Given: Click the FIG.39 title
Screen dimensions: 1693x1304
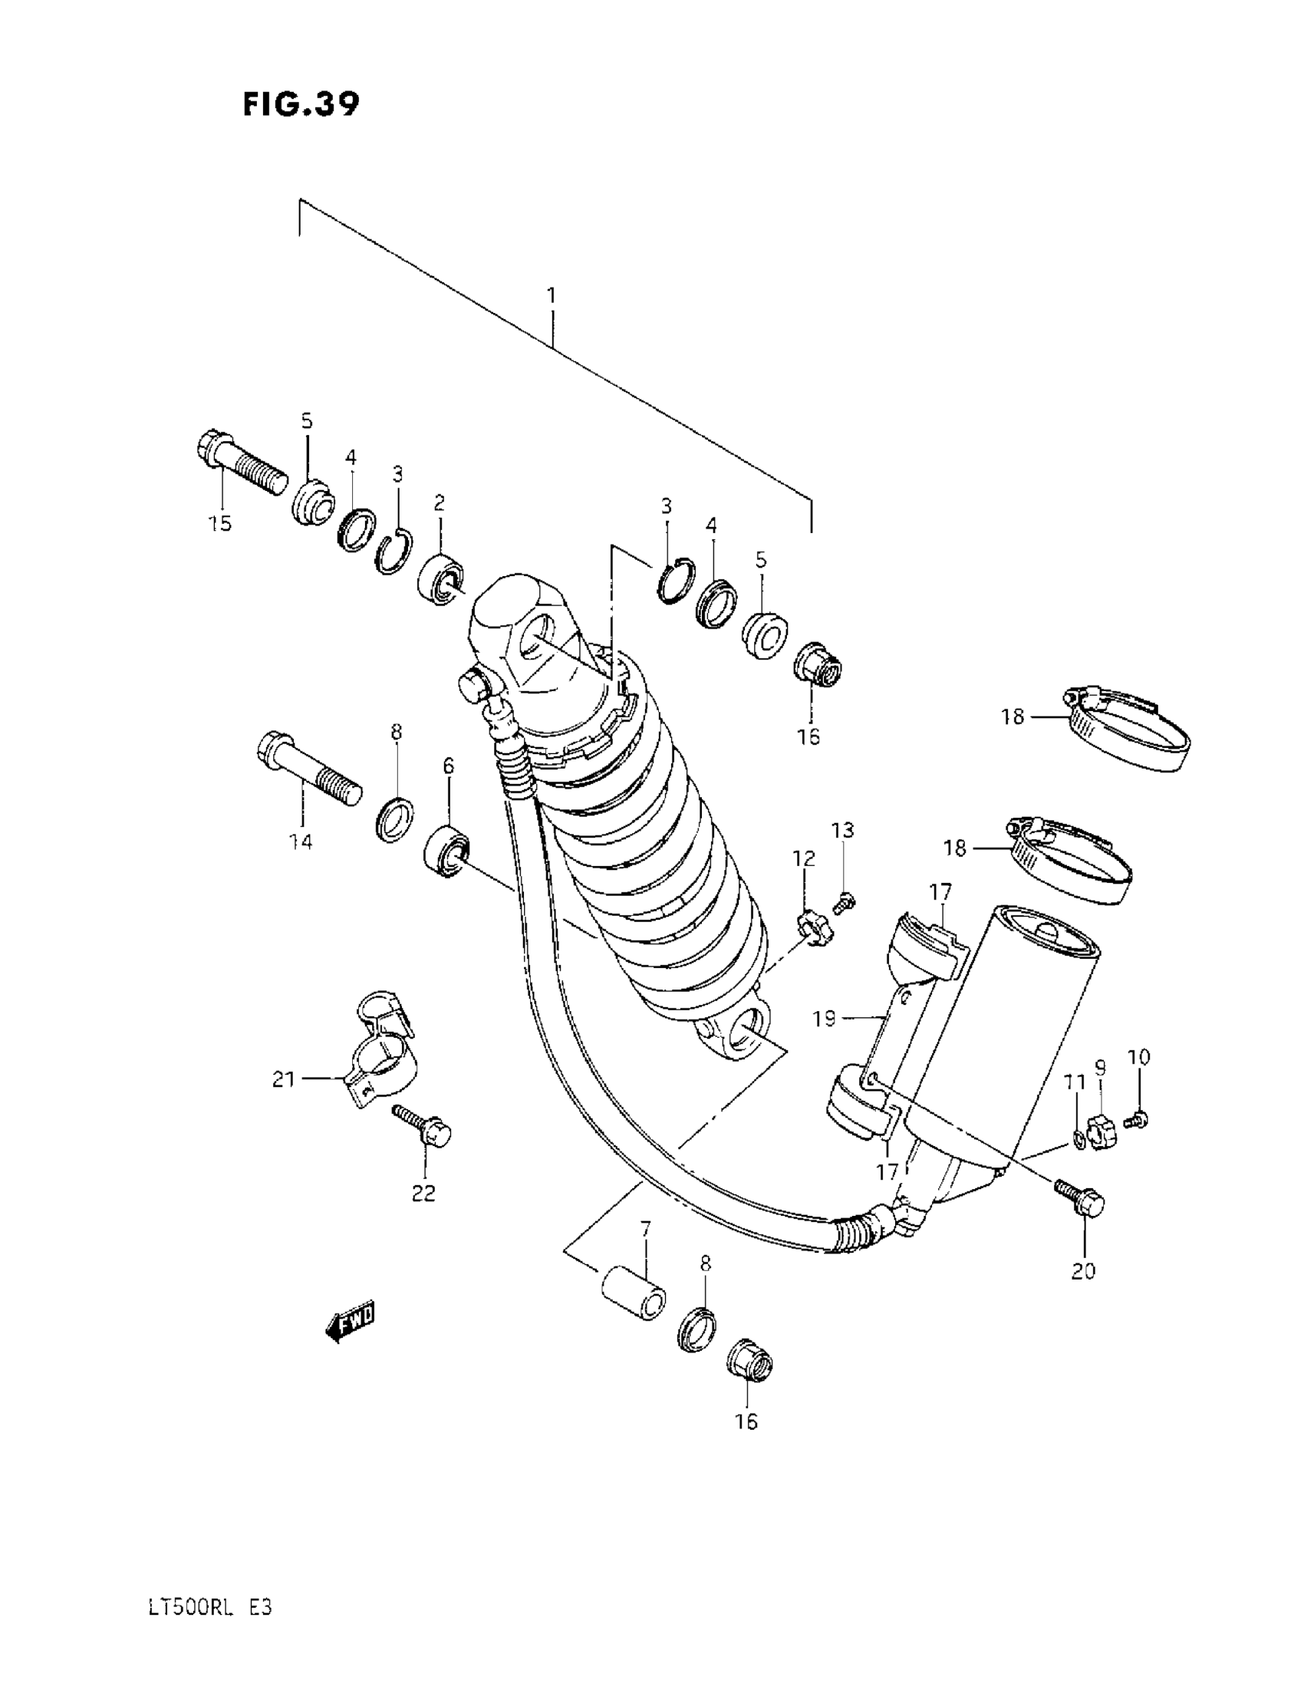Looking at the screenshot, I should [x=301, y=104].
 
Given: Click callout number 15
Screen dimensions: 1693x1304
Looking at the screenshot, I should [x=220, y=523].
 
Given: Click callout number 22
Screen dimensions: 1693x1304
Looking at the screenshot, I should [x=423, y=1193].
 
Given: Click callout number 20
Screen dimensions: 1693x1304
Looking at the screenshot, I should [x=1084, y=1271].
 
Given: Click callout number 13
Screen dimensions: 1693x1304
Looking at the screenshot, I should [x=843, y=830].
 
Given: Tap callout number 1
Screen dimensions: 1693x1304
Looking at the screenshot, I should [x=552, y=295].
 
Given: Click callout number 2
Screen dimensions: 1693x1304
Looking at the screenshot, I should [x=439, y=503].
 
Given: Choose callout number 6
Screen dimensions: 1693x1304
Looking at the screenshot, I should [x=448, y=766].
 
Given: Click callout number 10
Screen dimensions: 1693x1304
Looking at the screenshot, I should [x=1139, y=1057].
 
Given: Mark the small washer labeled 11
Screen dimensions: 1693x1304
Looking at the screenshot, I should [x=1079, y=1138].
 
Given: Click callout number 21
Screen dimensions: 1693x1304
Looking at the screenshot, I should [x=284, y=1078].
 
